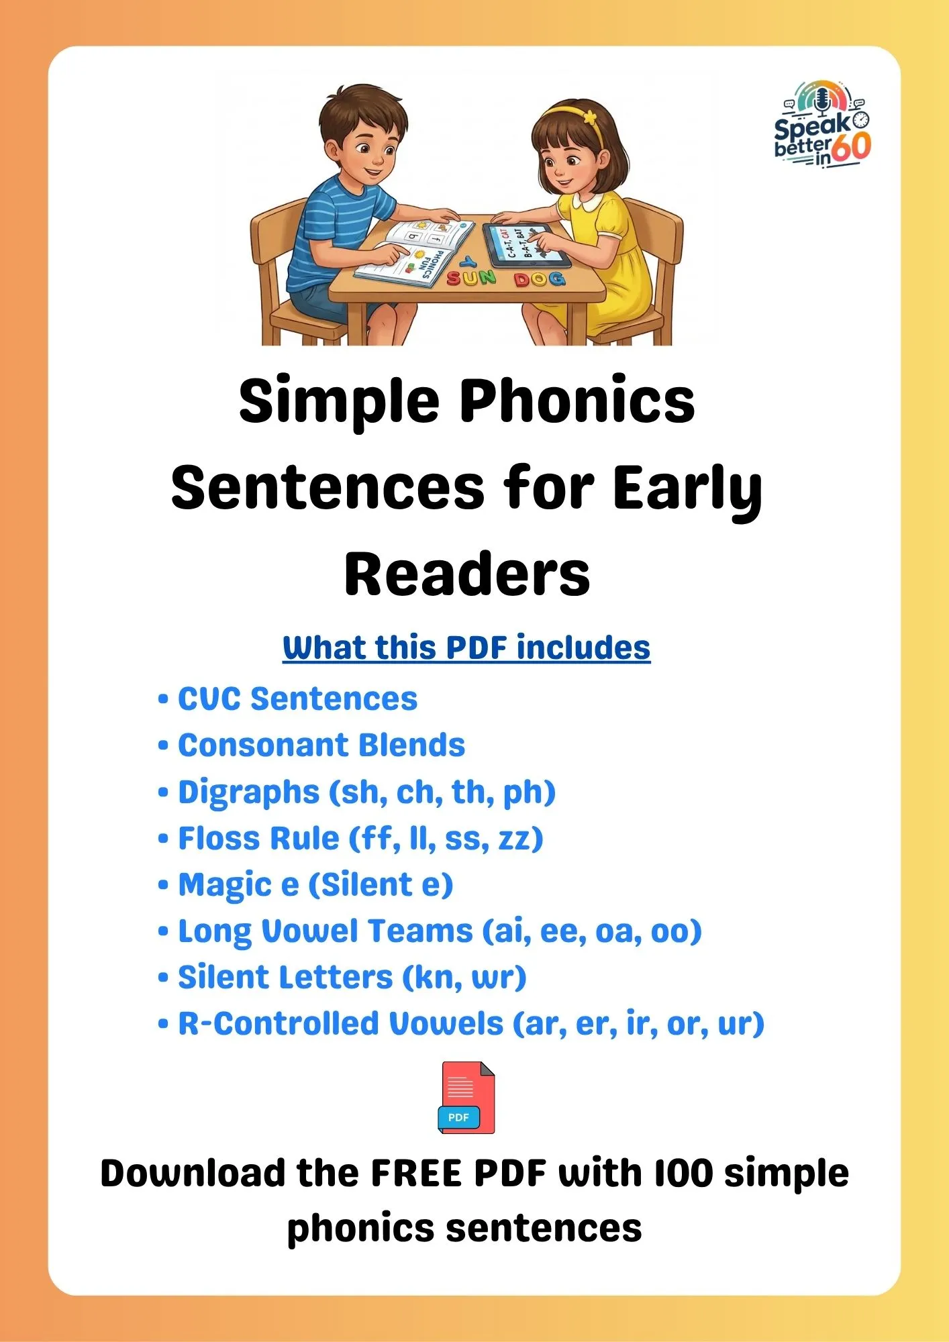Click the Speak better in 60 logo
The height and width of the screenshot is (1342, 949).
[823, 125]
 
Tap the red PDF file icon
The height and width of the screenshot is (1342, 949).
[466, 1098]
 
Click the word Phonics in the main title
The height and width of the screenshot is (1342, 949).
[577, 401]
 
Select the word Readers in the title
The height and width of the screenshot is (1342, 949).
[467, 574]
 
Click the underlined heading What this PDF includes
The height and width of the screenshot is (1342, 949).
[466, 648]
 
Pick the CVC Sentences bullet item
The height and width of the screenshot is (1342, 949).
[288, 699]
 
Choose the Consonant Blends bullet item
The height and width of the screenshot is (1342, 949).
[311, 745]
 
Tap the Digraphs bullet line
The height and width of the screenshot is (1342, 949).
[357, 792]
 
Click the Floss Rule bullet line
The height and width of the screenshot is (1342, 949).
[350, 839]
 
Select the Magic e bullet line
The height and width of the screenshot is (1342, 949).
[305, 885]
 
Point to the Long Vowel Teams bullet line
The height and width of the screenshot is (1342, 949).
[430, 931]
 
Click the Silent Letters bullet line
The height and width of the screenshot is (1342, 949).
[342, 978]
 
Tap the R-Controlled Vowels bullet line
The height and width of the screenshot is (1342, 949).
[461, 1024]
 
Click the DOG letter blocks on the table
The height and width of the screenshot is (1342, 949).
[540, 279]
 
